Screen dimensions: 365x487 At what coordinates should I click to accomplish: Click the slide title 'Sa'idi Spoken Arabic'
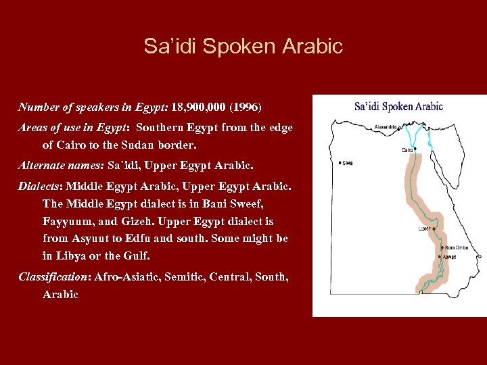tap(243, 46)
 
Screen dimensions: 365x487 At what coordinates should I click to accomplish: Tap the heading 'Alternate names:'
tap(62, 164)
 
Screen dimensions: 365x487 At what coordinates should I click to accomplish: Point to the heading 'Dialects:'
tap(41, 184)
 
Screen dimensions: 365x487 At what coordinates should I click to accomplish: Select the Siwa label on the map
tap(347, 163)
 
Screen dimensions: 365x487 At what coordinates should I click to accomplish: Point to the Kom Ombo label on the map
tap(457, 247)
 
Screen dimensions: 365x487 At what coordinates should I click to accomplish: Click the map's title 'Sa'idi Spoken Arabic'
tap(398, 106)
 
